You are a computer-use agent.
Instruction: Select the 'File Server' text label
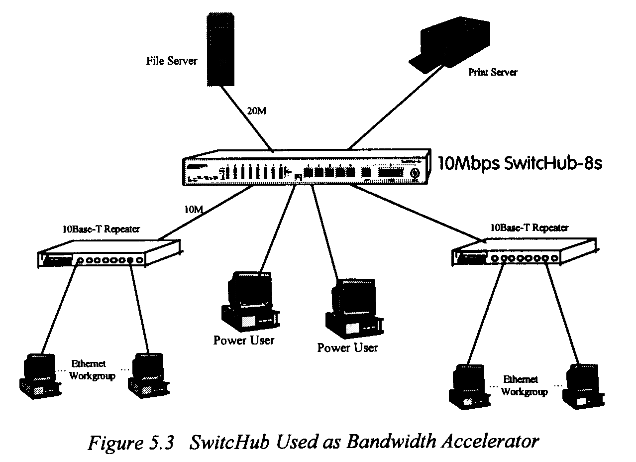(x=172, y=61)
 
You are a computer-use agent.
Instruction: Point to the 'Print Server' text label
(x=493, y=72)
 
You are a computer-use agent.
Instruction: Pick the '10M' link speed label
(x=194, y=209)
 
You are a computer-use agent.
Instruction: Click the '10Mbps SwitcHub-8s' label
(x=520, y=163)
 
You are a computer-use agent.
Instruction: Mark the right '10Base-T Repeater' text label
(x=529, y=228)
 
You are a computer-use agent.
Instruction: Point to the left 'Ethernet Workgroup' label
(x=92, y=370)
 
